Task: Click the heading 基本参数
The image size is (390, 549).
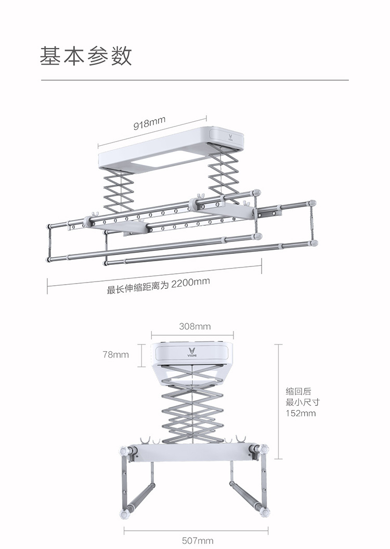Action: click(86, 55)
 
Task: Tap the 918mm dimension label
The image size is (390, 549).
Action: click(149, 123)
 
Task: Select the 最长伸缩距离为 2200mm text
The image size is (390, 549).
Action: click(158, 286)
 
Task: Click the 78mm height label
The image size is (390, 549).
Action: click(115, 355)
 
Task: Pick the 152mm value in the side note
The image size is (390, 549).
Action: click(301, 414)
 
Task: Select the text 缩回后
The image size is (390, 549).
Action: click(298, 391)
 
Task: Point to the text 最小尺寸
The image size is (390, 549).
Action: click(302, 402)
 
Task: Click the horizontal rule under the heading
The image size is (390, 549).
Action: click(195, 80)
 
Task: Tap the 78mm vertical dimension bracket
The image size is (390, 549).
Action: click(141, 355)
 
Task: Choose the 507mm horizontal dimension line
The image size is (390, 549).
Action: click(196, 530)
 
